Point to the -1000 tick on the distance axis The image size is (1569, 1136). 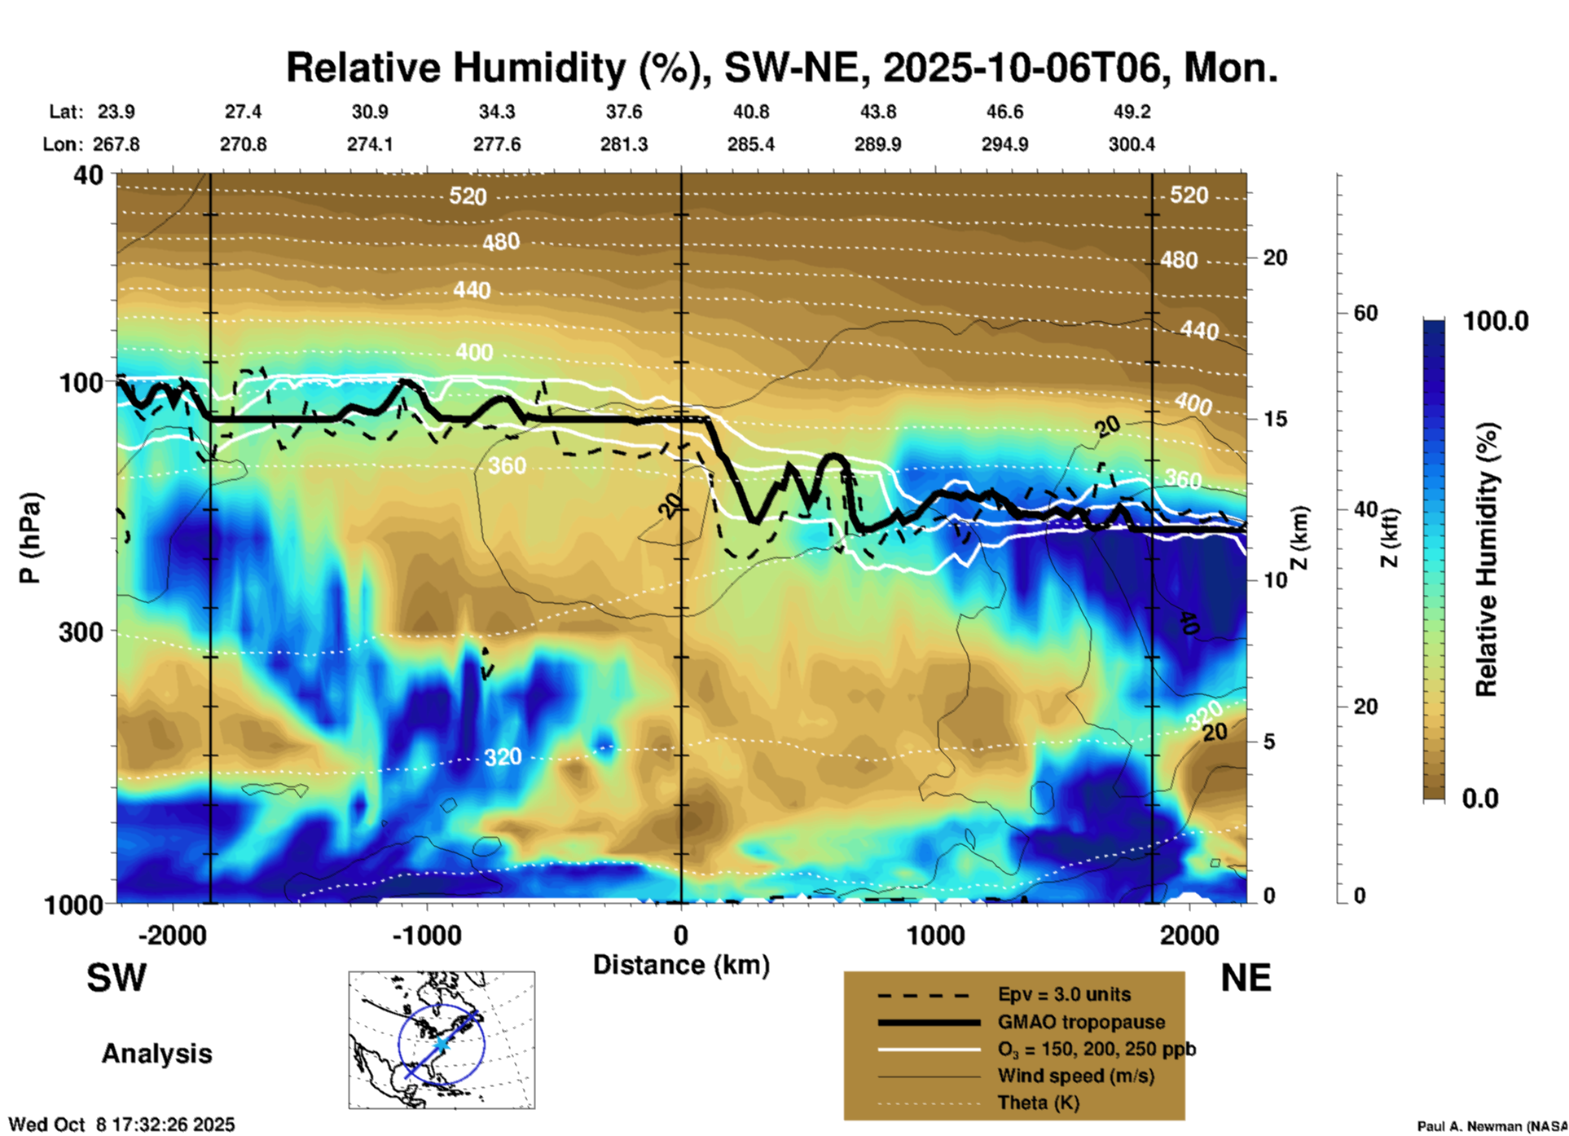[426, 936]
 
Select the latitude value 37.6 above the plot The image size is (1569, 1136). [624, 112]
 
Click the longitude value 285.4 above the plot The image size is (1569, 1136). [750, 145]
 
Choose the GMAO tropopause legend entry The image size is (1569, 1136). [1080, 1023]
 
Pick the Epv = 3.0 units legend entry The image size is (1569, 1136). [1063, 995]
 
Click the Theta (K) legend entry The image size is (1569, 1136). [1038, 1103]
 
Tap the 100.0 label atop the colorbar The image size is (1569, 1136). [1496, 321]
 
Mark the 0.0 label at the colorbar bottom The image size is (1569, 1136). [1479, 799]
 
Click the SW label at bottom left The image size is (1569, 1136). [116, 978]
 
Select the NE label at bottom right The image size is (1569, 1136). [1246, 978]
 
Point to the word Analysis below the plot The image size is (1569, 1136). [156, 1054]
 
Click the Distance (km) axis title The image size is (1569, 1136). [681, 965]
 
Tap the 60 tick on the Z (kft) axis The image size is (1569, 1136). [1365, 314]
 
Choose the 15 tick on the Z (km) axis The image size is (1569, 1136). [1275, 419]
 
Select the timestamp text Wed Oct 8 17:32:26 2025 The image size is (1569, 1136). [121, 1125]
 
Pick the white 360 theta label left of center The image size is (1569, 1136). [507, 466]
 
